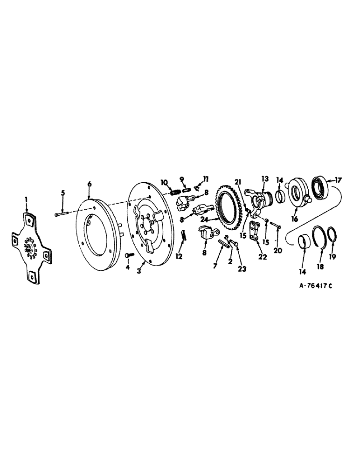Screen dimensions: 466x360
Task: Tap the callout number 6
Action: pyautogui.click(x=89, y=184)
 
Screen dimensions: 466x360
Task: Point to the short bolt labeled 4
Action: pyautogui.click(x=129, y=255)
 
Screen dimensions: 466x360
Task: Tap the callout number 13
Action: pyautogui.click(x=265, y=179)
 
